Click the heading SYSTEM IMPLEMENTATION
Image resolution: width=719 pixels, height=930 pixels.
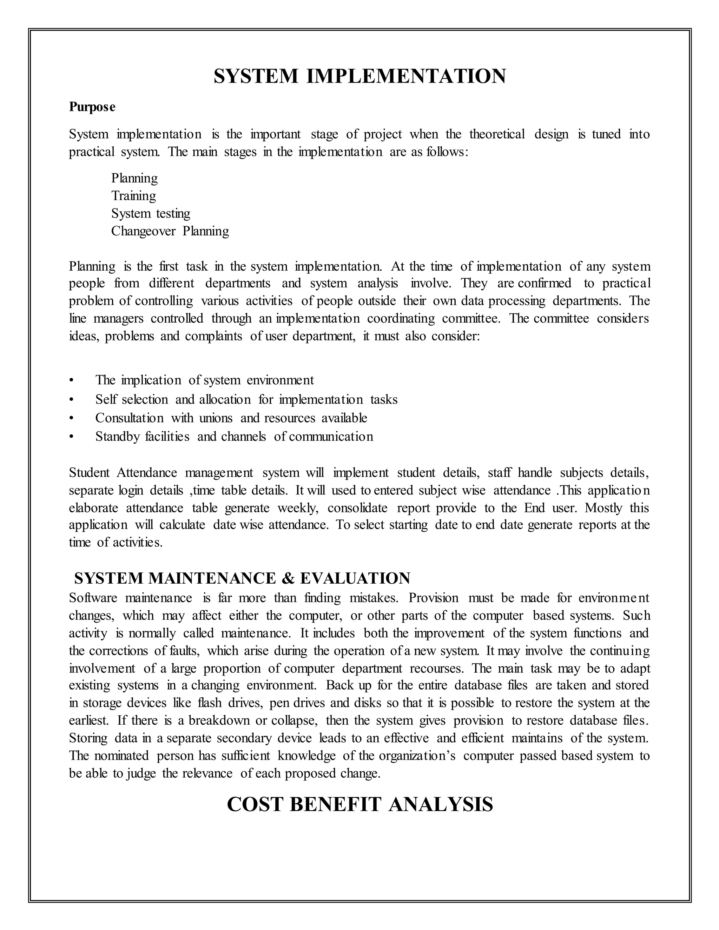click(359, 77)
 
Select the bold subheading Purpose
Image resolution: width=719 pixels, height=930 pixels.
click(92, 107)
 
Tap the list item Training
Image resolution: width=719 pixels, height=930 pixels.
click(133, 196)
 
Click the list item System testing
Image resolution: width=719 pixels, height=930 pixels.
click(150, 213)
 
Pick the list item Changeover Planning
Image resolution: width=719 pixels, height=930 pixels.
click(170, 231)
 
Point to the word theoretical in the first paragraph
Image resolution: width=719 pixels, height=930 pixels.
click(497, 134)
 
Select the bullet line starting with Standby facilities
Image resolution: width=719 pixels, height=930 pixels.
click(234, 437)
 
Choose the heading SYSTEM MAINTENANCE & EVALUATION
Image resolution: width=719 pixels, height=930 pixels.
click(242, 578)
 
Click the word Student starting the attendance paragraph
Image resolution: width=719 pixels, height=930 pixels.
click(89, 473)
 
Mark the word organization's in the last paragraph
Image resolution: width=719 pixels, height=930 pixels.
click(417, 756)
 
